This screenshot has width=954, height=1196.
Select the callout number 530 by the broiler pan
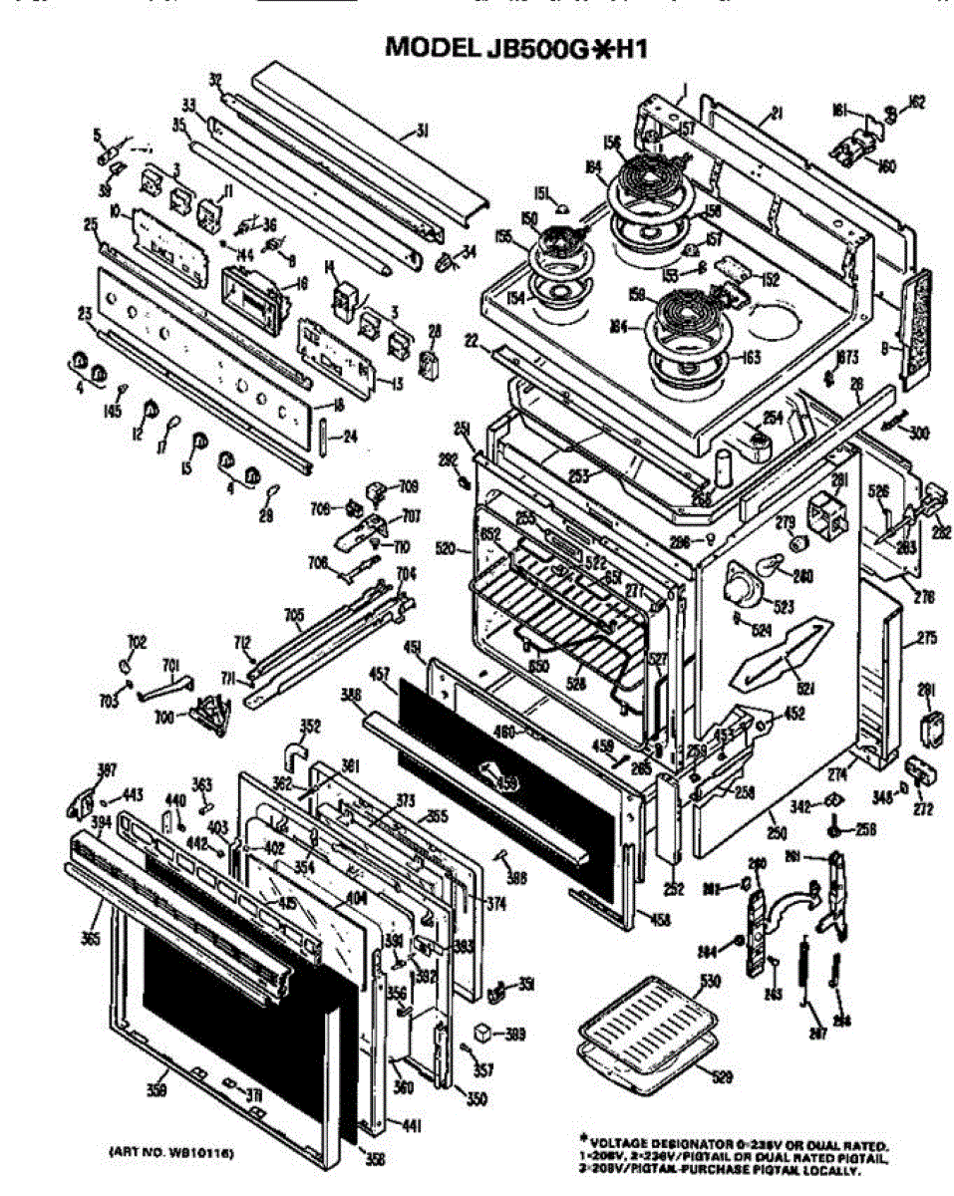(709, 983)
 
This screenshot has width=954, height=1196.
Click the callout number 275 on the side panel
(926, 638)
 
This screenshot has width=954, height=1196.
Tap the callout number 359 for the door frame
(156, 1091)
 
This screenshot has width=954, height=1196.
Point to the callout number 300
(916, 433)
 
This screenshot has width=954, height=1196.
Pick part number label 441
(410, 1125)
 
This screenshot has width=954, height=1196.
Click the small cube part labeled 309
(483, 1032)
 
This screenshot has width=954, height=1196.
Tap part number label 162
(917, 101)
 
